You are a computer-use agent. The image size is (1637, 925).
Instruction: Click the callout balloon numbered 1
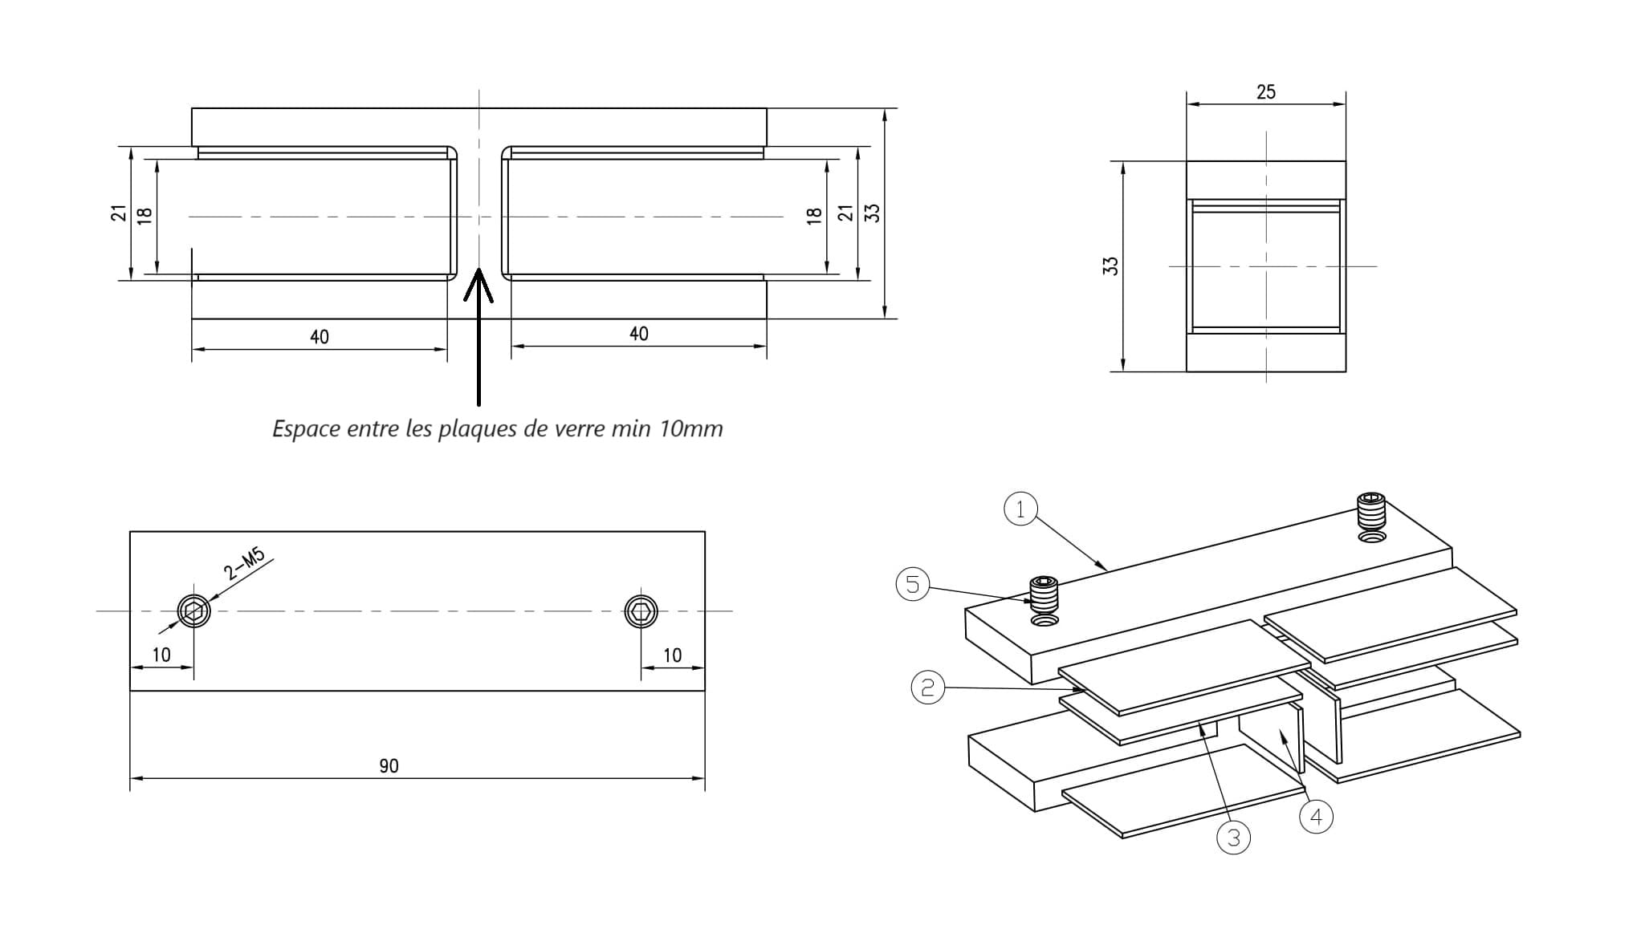[1020, 509]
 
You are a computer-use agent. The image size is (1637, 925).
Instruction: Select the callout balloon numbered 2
[927, 688]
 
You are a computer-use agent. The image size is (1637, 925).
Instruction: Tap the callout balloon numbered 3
[1234, 838]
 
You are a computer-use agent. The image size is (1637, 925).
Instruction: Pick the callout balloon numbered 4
[1316, 817]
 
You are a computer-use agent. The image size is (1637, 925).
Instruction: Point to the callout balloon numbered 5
[912, 584]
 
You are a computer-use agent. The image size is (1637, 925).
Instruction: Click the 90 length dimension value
[389, 766]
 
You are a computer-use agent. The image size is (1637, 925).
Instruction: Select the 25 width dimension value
[1266, 92]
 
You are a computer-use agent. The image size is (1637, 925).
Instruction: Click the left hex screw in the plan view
[193, 611]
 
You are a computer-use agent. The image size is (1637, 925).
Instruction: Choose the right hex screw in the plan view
[641, 611]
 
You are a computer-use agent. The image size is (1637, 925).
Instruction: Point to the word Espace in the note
[307, 429]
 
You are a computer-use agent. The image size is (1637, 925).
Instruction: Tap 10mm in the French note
[691, 428]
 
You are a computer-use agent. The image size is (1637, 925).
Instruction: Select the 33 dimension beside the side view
[1111, 266]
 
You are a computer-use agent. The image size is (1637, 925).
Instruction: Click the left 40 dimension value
[320, 337]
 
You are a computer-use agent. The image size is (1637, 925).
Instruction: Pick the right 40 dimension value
[639, 334]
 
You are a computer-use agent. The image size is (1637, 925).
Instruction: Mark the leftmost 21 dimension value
[119, 213]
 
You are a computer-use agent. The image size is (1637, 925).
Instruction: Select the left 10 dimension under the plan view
[161, 655]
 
